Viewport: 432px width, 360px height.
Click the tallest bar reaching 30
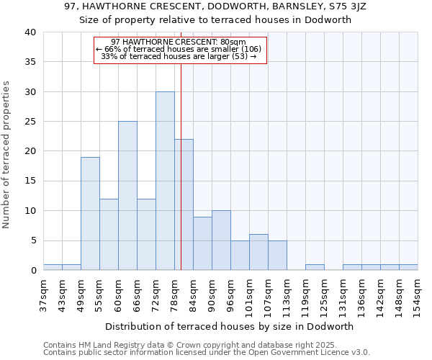[x=165, y=181]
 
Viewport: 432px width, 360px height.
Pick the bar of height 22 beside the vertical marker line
[x=184, y=204]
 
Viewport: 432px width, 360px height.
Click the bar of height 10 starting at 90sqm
[x=221, y=240]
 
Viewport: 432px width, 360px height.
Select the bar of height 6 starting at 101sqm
[x=258, y=252]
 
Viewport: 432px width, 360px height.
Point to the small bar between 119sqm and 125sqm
[x=315, y=267]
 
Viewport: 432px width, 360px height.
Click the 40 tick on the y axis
[x=30, y=32]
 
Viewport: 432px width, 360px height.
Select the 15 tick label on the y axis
[x=30, y=181]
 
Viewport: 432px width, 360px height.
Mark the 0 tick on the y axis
[x=32, y=271]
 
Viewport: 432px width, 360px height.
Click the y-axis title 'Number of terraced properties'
[x=7, y=155]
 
